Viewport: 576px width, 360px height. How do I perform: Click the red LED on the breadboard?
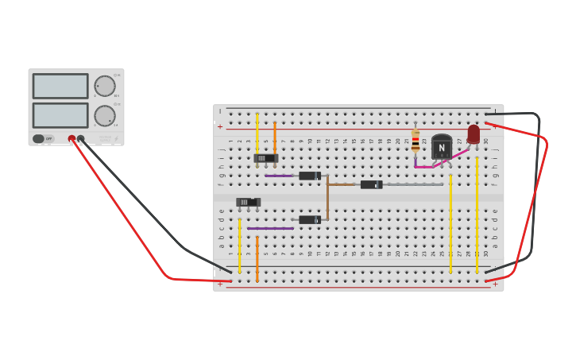click(x=474, y=134)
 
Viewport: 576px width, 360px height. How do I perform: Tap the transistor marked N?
click(x=442, y=147)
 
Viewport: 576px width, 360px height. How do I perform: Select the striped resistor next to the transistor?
click(x=416, y=141)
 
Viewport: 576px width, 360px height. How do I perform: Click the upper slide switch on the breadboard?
click(x=265, y=158)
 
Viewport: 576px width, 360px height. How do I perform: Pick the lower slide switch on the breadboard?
click(x=248, y=202)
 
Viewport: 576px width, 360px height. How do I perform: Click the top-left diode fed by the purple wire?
click(x=309, y=176)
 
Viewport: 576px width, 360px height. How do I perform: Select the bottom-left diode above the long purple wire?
click(x=309, y=219)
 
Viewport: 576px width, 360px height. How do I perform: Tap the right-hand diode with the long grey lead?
click(x=370, y=184)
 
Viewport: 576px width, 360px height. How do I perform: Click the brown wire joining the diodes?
click(x=327, y=199)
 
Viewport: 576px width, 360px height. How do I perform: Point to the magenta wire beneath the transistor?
click(x=423, y=167)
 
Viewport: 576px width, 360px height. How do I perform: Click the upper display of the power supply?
click(x=60, y=86)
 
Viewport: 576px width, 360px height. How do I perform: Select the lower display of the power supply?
click(x=60, y=115)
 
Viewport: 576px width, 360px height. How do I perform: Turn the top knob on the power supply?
click(x=105, y=86)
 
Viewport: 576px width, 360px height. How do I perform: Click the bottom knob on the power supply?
click(x=105, y=116)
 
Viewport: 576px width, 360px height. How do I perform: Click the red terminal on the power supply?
click(x=72, y=138)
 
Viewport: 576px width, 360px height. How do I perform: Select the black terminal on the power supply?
click(x=81, y=138)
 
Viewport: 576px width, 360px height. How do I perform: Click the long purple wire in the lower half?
click(x=270, y=228)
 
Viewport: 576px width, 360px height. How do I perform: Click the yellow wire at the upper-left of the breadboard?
click(x=257, y=131)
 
